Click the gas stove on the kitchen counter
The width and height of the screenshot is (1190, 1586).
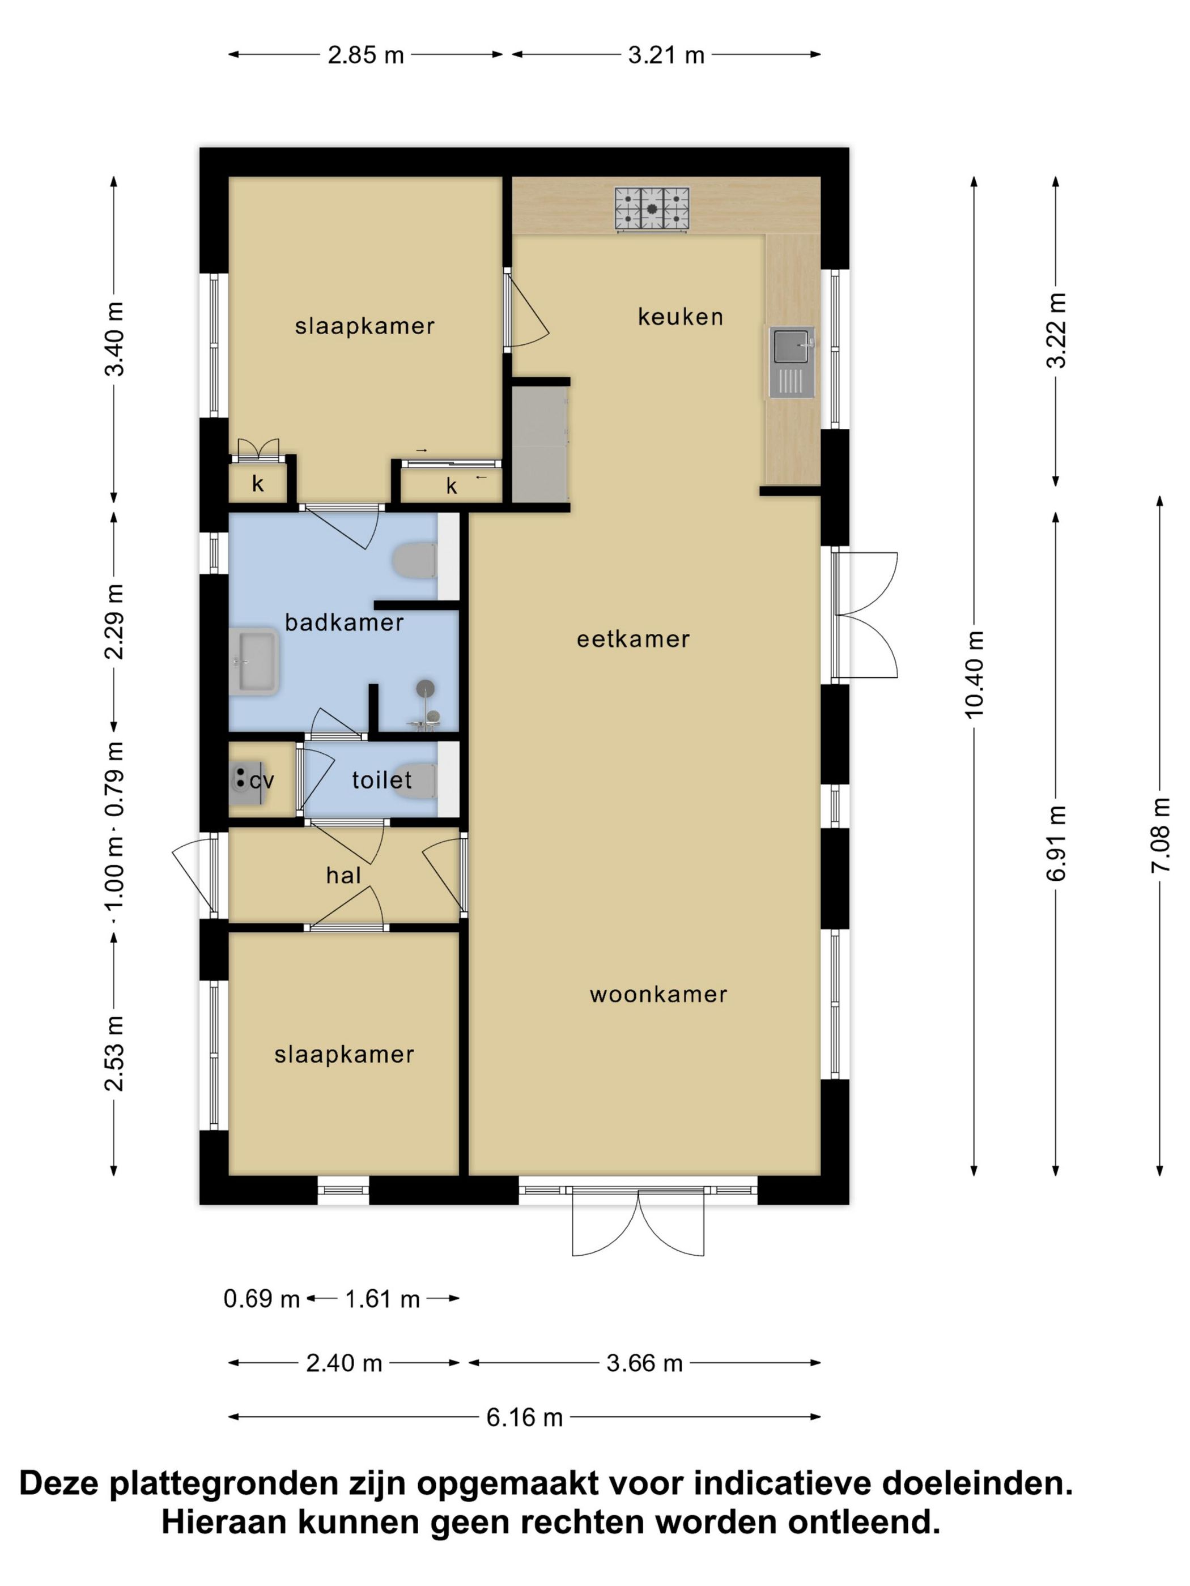tap(651, 210)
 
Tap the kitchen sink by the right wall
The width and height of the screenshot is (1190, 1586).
tap(792, 361)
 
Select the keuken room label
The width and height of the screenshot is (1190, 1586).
tap(680, 316)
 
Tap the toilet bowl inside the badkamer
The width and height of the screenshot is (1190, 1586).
tap(416, 561)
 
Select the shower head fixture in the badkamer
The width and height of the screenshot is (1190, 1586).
tap(426, 688)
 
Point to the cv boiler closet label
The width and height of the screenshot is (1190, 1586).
tap(262, 780)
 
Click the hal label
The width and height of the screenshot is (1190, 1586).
tap(343, 876)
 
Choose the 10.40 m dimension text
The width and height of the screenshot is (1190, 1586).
tap(974, 674)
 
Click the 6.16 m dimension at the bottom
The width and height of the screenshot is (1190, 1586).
tap(524, 1418)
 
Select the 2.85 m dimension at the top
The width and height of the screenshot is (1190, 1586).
tap(366, 55)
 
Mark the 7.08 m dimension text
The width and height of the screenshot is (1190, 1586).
tap(1159, 835)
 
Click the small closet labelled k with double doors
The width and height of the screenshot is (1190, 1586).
tap(257, 483)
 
